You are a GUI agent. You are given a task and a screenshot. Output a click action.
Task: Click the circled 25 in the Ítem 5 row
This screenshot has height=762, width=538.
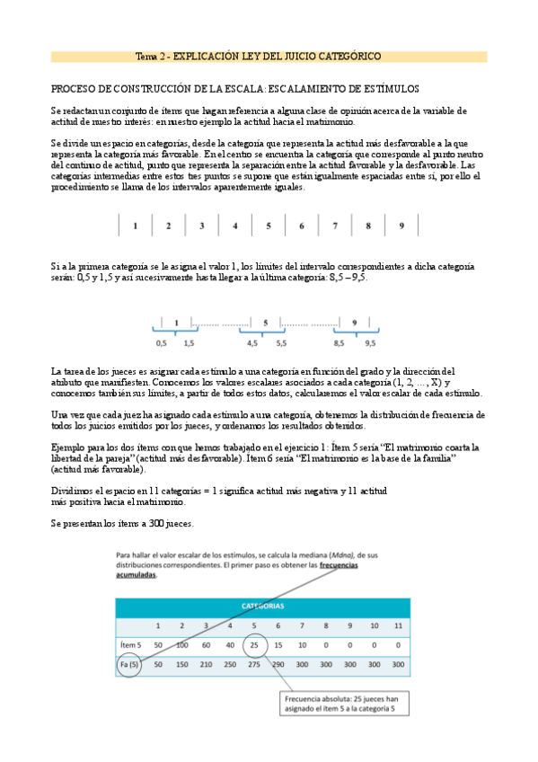[x=254, y=644]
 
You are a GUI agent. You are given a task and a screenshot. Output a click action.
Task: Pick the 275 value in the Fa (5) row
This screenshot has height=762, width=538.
[x=254, y=665]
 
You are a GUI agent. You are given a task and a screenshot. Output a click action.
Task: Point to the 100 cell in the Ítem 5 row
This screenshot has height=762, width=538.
[x=182, y=645]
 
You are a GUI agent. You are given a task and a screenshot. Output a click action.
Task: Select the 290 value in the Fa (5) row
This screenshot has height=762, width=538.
[x=278, y=665]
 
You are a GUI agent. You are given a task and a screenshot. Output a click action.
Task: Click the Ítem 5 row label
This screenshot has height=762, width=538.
[x=131, y=645]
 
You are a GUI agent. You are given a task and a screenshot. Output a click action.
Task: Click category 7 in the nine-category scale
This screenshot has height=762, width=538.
[x=335, y=226]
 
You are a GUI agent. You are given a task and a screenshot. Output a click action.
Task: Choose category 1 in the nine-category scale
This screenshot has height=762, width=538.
[x=135, y=226]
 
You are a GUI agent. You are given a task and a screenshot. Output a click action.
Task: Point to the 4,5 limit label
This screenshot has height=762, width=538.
[x=252, y=342]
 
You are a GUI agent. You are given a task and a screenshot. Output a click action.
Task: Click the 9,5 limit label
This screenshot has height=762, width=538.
[x=370, y=342]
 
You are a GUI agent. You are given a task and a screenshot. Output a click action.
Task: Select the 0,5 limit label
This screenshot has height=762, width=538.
[x=162, y=342]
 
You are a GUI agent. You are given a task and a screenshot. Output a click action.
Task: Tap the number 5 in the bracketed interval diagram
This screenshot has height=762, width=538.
[x=266, y=322]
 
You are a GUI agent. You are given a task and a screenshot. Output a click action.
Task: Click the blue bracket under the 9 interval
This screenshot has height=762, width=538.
[x=355, y=332]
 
